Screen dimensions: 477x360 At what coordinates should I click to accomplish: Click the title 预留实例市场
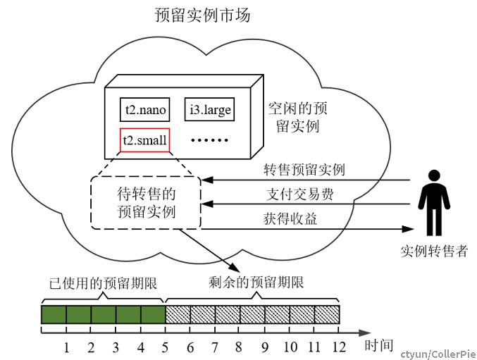[203, 15]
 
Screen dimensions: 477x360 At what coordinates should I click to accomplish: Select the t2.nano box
[145, 109]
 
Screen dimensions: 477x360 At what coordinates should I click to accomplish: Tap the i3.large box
[209, 109]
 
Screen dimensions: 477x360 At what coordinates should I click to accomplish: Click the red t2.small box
[145, 140]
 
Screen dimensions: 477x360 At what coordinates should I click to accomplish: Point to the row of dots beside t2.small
[209, 140]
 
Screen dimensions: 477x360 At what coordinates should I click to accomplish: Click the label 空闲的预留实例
[297, 118]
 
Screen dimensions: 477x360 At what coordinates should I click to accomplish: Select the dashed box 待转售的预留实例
[146, 203]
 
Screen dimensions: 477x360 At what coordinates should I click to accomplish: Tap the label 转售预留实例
[304, 169]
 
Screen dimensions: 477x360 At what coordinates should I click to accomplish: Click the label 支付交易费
[300, 194]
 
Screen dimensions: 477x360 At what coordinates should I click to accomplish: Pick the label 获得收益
[290, 218]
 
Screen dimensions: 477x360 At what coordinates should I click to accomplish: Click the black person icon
[434, 203]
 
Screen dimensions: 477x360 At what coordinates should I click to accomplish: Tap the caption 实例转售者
[434, 251]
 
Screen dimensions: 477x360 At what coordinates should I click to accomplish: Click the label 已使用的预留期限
[103, 283]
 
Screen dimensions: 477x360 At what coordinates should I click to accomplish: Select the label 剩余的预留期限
[256, 283]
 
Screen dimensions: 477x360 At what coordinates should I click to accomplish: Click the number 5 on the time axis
[165, 347]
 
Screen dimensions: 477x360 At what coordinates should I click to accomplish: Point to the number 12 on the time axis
[339, 347]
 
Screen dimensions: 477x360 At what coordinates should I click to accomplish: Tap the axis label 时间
[379, 346]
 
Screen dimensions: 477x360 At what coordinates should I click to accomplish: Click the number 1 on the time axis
[66, 347]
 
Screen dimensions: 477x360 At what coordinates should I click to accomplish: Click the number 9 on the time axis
[265, 347]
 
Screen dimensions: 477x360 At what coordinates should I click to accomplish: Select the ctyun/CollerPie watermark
[438, 354]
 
